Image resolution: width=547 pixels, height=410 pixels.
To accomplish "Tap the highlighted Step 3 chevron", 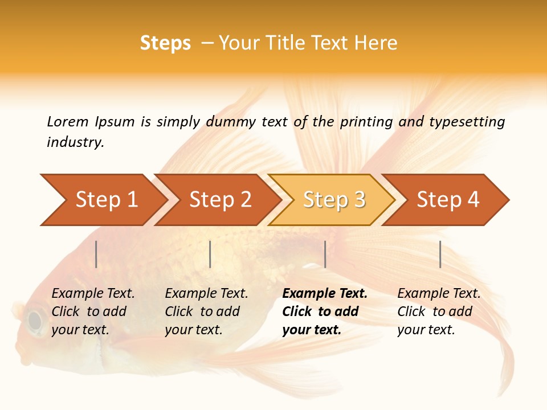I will (333, 200).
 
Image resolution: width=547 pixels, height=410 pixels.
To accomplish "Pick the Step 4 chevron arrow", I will (447, 200).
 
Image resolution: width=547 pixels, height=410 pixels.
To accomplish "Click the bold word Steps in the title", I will (165, 43).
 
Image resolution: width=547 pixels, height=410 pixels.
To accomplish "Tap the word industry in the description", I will (75, 142).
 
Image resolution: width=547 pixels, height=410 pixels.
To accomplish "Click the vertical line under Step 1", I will (96, 254).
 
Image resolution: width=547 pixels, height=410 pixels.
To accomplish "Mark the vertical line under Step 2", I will (210, 254).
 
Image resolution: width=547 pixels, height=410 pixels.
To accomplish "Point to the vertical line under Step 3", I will (325, 254).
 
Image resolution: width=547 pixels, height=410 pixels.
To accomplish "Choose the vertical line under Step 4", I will (440, 254).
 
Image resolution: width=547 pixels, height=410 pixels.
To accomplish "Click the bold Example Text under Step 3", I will (325, 294).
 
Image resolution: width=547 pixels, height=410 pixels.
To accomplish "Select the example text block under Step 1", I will (93, 311).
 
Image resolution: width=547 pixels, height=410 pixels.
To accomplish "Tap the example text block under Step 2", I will (206, 311).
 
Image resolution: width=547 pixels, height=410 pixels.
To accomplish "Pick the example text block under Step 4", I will (439, 311).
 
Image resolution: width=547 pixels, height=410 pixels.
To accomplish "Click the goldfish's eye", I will (35, 321).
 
